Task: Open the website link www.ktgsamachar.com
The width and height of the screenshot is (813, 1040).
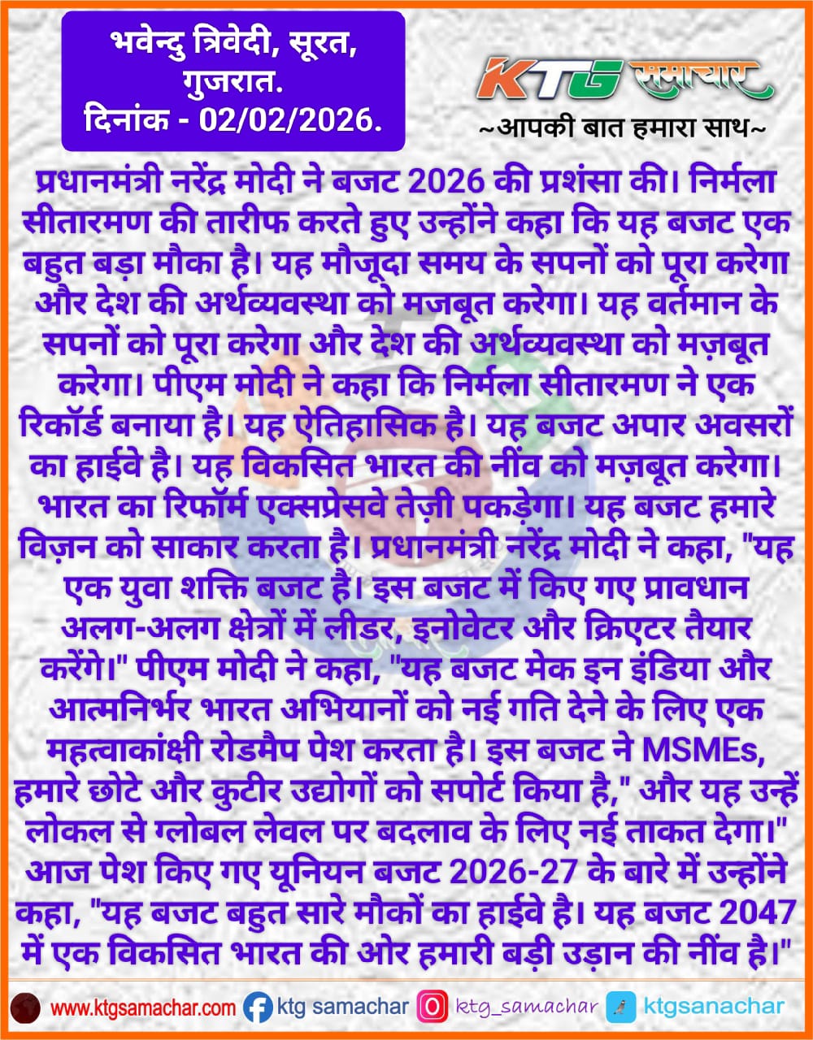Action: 143,1007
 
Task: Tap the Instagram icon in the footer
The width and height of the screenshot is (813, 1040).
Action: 432,1007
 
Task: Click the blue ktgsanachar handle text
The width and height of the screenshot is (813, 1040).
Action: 714,1007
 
